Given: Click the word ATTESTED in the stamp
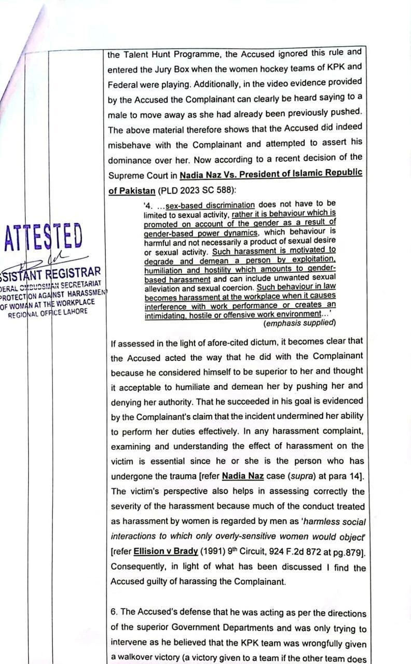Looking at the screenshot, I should coord(43,236).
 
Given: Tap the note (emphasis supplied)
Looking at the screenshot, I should coord(300,323).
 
